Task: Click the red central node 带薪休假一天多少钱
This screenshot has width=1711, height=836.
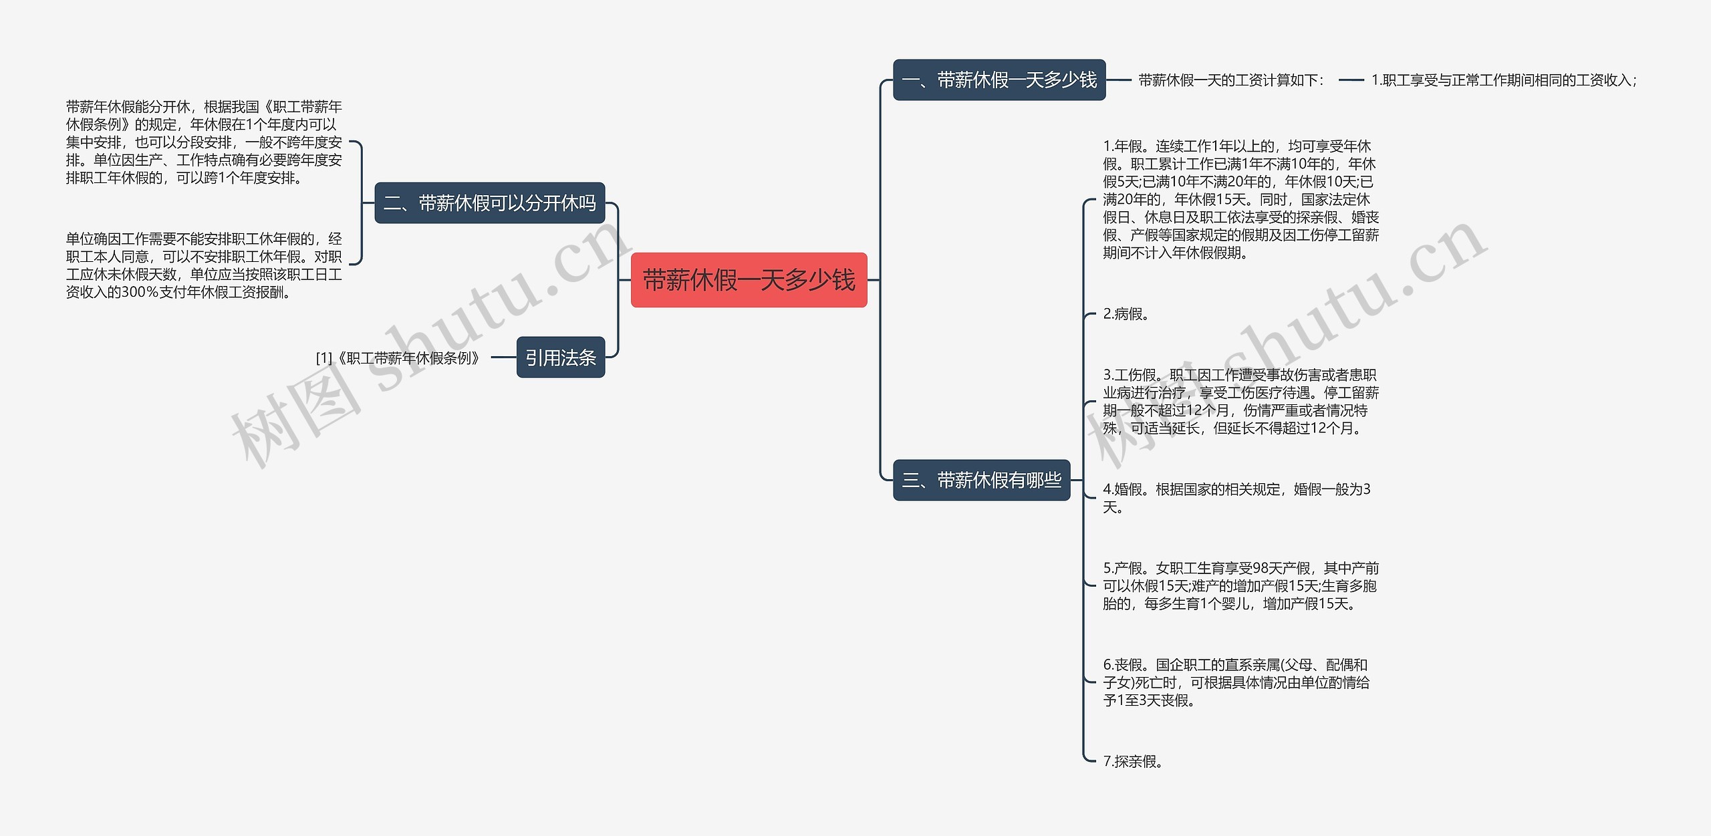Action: click(x=749, y=280)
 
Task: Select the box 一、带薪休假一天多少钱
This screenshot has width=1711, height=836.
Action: click(x=999, y=80)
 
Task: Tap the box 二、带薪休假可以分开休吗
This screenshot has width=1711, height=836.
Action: click(x=489, y=203)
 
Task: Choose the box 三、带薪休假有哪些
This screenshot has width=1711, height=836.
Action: click(x=981, y=480)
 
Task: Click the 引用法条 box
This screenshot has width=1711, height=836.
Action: click(x=560, y=358)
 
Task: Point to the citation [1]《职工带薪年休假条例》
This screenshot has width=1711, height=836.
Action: click(x=398, y=358)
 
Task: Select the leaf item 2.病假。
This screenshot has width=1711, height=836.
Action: click(x=1126, y=314)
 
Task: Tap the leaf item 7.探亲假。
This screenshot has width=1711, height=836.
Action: click(x=1133, y=761)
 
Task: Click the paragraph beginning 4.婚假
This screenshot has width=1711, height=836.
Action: click(x=1236, y=498)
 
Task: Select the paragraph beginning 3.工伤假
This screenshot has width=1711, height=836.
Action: click(x=1240, y=401)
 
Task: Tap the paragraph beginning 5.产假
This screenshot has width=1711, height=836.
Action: click(x=1240, y=586)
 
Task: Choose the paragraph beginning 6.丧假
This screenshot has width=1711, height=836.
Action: click(x=1236, y=682)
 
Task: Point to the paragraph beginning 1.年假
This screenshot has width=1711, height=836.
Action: click(x=1240, y=199)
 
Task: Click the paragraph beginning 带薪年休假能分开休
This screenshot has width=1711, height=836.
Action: click(x=204, y=142)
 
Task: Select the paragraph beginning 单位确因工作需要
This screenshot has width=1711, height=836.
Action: click(x=204, y=265)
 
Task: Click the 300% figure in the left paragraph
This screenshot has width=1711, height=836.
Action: click(x=140, y=293)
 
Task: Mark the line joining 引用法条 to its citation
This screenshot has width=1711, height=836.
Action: click(x=504, y=358)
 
